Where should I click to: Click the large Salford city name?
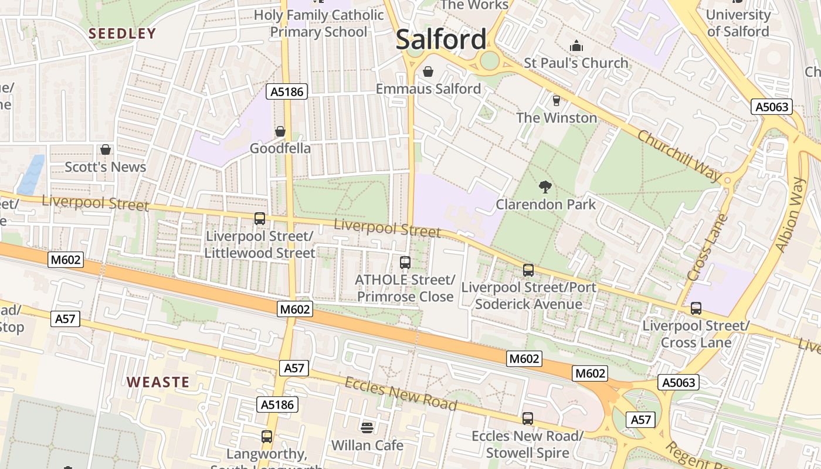coord(441,40)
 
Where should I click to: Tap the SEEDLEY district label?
coord(122,33)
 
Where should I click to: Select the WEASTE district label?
coord(158,382)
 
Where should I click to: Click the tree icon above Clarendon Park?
coord(545,187)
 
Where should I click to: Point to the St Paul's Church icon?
coord(576,46)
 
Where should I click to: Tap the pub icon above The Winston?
coord(556,100)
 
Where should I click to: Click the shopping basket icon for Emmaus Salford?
coord(428,72)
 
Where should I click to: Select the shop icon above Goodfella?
coord(280,131)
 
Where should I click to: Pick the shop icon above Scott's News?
coord(106,149)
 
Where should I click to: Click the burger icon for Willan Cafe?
coord(367,428)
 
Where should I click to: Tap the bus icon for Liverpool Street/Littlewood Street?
coord(259,219)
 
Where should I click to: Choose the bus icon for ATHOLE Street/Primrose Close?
coord(405,263)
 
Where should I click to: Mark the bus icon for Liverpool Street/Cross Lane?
coord(696,308)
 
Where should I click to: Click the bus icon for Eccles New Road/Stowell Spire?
coord(528,419)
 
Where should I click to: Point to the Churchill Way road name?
coord(679,153)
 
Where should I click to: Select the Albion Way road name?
coord(789,214)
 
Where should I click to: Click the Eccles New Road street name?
coord(401,394)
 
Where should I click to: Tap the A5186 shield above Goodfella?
coord(287,91)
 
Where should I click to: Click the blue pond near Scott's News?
coord(30,175)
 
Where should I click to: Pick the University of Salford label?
coord(738,23)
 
